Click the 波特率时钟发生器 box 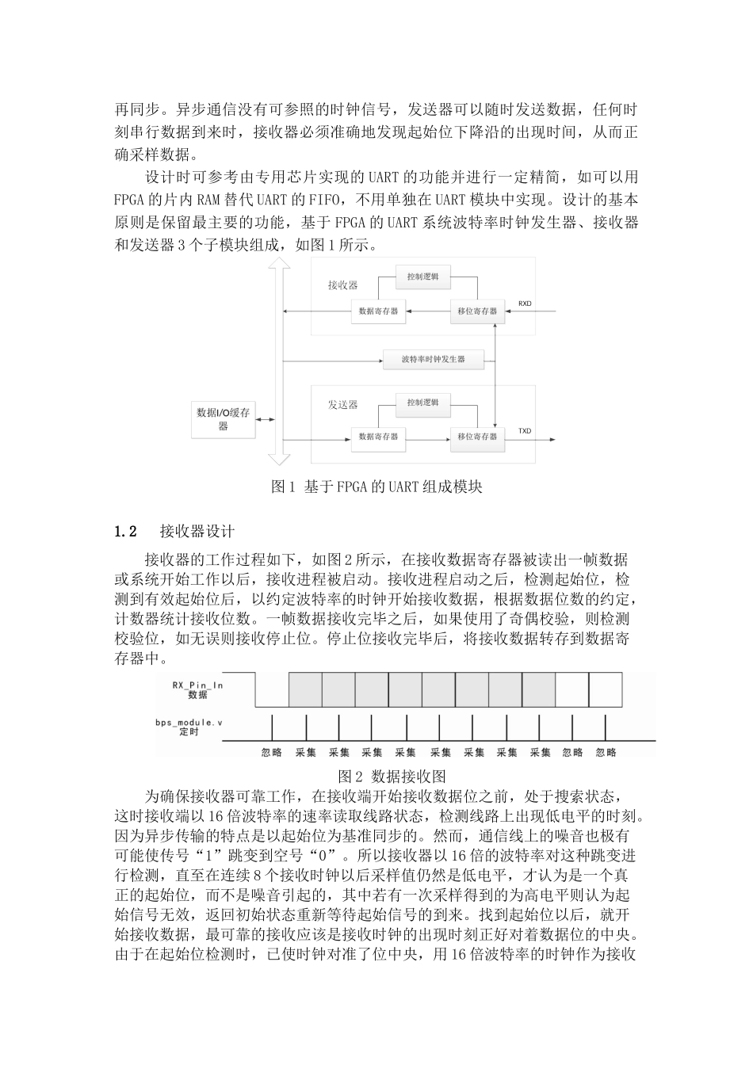click(x=433, y=359)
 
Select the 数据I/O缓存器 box click(x=224, y=419)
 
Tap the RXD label click(x=525, y=303)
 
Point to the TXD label click(x=525, y=431)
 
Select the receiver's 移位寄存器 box click(x=477, y=311)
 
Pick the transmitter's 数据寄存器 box click(x=378, y=437)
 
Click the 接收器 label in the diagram click(x=342, y=284)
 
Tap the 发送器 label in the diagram click(x=342, y=404)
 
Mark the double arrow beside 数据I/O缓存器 click(x=266, y=419)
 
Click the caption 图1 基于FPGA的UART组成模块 click(x=376, y=487)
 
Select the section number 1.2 click(x=127, y=530)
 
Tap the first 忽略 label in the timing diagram click(x=272, y=752)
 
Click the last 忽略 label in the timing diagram click(x=606, y=752)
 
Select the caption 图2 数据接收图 click(x=392, y=776)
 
